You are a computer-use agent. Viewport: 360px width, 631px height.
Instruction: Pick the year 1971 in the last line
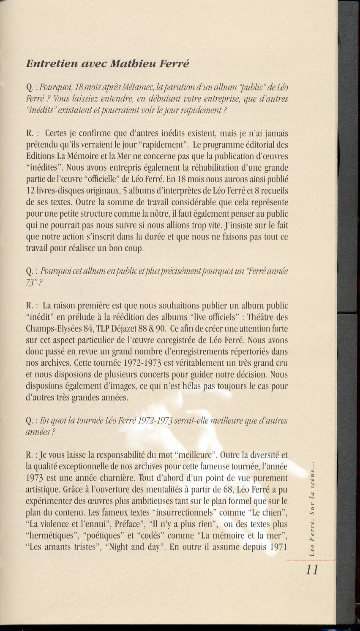tap(278, 547)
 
